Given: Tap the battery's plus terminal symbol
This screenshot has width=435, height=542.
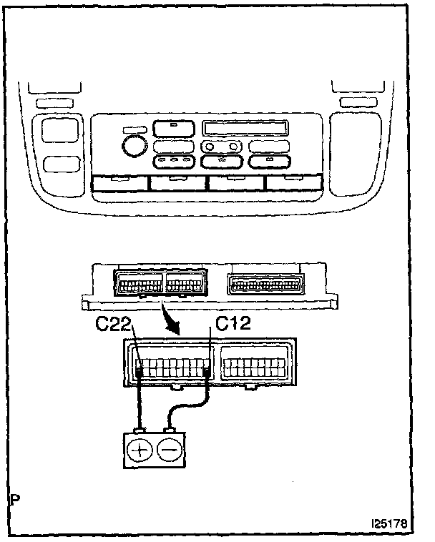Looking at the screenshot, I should point(139,450).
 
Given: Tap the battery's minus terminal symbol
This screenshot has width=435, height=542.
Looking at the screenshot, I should point(170,450).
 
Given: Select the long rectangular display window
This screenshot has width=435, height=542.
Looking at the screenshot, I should point(246,129).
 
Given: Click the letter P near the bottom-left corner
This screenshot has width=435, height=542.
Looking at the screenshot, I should point(15,497).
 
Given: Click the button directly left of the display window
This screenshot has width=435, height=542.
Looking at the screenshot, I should point(172,129).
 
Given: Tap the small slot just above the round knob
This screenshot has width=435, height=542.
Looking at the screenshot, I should point(132,130).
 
